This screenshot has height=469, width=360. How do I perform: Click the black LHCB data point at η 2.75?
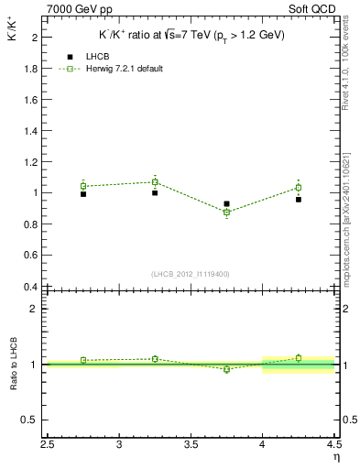pyautogui.click(x=83, y=194)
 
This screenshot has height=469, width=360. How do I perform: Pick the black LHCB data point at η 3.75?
pyautogui.click(x=226, y=204)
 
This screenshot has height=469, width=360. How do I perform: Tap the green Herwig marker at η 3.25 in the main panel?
pyautogui.click(x=155, y=181)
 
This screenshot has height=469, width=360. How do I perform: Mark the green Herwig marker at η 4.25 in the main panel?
pyautogui.click(x=299, y=188)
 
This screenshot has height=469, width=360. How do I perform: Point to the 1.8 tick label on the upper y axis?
pyautogui.click(x=28, y=69)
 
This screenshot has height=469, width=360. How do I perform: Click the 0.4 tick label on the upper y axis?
pyautogui.click(x=28, y=287)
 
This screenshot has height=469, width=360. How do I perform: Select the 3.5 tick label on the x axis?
pyautogui.click(x=191, y=445)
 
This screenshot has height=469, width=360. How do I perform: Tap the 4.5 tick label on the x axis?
pyautogui.click(x=333, y=445)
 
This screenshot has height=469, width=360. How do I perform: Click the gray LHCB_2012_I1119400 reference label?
pyautogui.click(x=191, y=274)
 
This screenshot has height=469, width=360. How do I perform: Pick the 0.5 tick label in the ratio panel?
pyautogui.click(x=29, y=420)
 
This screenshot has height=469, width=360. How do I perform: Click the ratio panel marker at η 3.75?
pyautogui.click(x=226, y=369)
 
